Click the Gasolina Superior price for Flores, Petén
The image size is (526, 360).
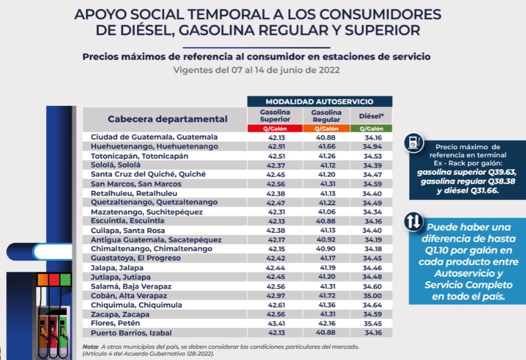pyautogui.click(x=275, y=323)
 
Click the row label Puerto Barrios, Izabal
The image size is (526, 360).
pyautogui.click(x=129, y=333)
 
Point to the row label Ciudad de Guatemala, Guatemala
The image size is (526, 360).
pyautogui.click(x=146, y=137)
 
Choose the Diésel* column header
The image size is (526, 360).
pyautogui.click(x=371, y=116)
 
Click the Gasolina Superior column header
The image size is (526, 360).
pyautogui.click(x=275, y=116)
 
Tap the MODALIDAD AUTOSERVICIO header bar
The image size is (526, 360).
pyautogui.click(x=319, y=102)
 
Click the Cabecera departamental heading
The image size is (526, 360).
pyautogui.click(x=167, y=119)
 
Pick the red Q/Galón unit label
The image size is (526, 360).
pyautogui.click(x=275, y=129)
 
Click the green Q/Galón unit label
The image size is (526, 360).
pyautogui.click(x=371, y=129)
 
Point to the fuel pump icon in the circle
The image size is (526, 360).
pyautogui.click(x=412, y=143)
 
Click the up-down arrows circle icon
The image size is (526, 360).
pyautogui.click(x=412, y=222)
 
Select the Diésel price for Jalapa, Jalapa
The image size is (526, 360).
pyautogui.click(x=371, y=267)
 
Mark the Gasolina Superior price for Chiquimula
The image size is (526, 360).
pyautogui.click(x=275, y=305)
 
